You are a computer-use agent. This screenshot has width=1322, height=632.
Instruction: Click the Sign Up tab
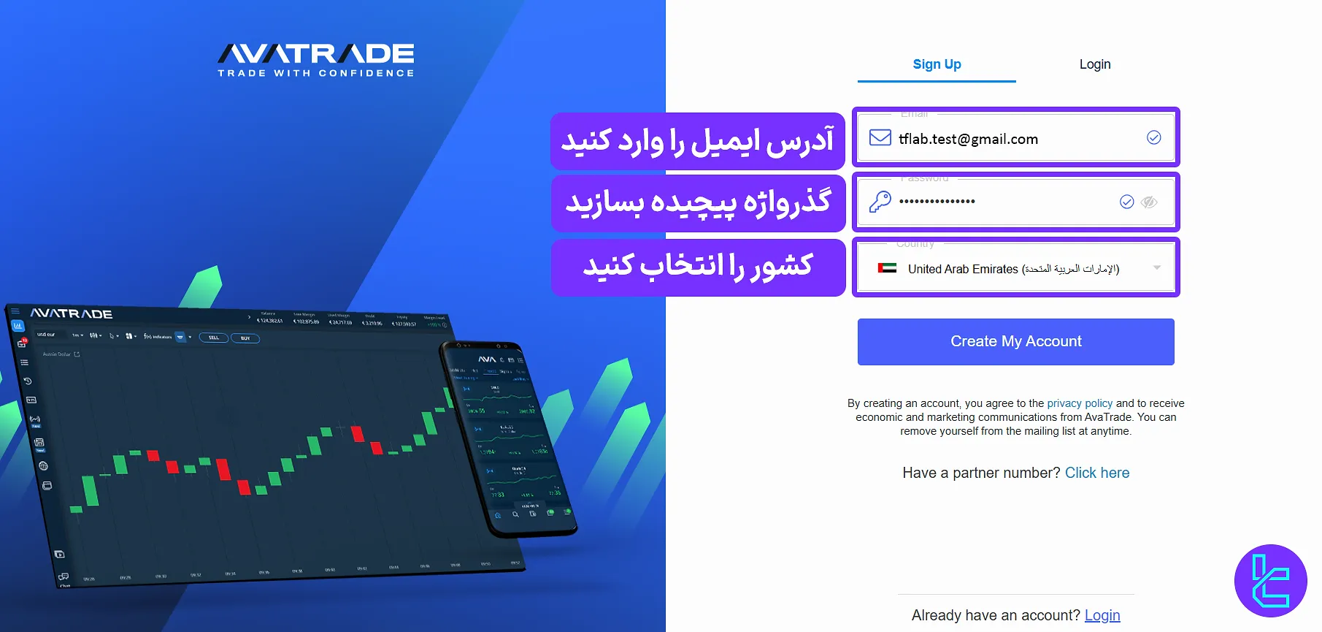(937, 64)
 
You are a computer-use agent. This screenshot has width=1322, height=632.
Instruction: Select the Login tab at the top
(1094, 64)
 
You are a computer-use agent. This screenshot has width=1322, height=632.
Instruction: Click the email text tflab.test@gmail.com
(968, 139)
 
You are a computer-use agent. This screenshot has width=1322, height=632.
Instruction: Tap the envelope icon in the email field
(880, 138)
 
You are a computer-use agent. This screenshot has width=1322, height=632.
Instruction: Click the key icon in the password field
(880, 201)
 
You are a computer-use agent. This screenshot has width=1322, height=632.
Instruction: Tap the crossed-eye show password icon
(1149, 202)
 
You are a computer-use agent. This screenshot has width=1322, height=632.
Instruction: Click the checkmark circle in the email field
(1153, 137)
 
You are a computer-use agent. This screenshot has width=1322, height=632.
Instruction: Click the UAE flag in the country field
(887, 268)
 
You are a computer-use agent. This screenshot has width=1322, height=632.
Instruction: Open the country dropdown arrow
(1157, 267)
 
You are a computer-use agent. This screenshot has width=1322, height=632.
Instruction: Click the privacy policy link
(1080, 403)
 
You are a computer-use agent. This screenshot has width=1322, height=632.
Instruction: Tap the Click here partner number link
(1096, 473)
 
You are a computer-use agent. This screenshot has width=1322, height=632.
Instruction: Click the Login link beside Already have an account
(1102, 615)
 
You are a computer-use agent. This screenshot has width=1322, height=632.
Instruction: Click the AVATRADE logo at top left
(316, 53)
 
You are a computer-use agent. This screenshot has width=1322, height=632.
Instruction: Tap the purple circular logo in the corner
(1270, 581)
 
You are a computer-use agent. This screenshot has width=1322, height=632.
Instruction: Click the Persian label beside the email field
(697, 140)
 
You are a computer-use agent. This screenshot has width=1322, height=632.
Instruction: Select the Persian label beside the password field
(698, 202)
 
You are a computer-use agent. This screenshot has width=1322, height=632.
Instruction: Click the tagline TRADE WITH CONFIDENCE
(316, 73)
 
